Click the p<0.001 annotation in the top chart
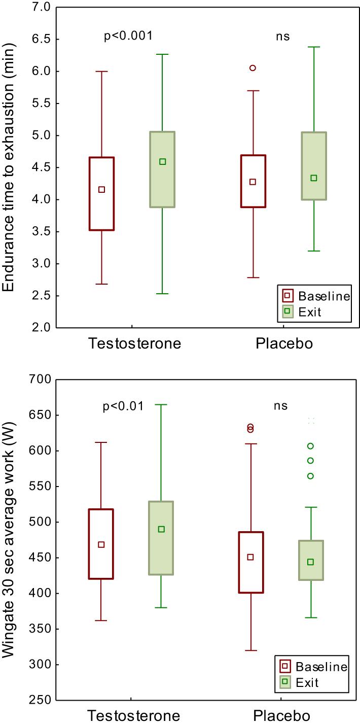click(x=128, y=36)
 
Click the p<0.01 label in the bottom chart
click(x=124, y=406)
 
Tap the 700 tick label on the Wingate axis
click(x=38, y=379)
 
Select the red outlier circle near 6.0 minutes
click(x=253, y=68)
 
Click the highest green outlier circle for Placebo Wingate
click(x=311, y=446)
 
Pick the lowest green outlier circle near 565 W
click(x=311, y=476)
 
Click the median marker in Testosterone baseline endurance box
click(x=101, y=190)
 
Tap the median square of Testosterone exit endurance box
click(x=162, y=162)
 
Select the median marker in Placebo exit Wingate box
click(x=311, y=562)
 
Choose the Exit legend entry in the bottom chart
click(x=307, y=682)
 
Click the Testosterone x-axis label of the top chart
click(x=135, y=343)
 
